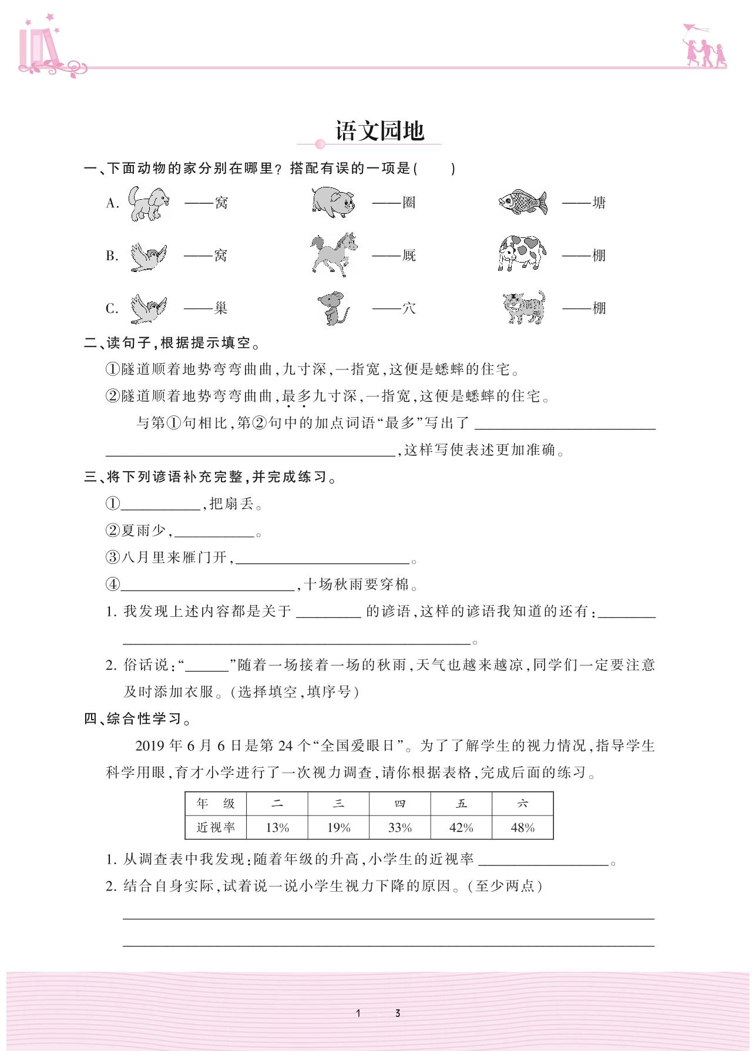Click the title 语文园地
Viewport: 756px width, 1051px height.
(379, 131)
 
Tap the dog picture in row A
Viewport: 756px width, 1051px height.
(149, 203)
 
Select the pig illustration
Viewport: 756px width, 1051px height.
(333, 202)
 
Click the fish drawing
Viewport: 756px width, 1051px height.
(523, 202)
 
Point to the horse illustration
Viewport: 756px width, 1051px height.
(334, 254)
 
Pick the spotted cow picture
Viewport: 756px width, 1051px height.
(522, 253)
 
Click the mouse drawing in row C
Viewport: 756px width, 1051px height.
(333, 308)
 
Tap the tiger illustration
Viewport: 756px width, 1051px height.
(524, 307)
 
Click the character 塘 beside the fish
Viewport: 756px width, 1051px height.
(599, 203)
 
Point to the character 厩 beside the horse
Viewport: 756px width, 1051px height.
(409, 255)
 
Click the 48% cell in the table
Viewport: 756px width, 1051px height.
(522, 828)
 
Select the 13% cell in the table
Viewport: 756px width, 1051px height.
(277, 828)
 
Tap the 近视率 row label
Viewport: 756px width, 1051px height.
(216, 828)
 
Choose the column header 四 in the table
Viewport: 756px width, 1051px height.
(400, 804)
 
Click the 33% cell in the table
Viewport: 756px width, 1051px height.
(400, 828)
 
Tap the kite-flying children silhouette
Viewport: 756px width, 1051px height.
(704, 46)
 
